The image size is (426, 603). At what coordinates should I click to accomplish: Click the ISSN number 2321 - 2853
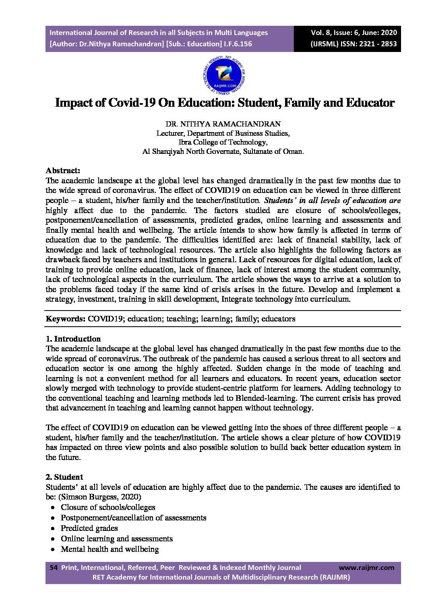coord(375,44)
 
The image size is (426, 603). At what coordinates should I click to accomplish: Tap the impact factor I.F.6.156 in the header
coord(238,44)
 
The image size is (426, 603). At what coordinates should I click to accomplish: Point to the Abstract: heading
coord(63,170)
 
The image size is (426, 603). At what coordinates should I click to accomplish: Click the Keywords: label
coord(65,319)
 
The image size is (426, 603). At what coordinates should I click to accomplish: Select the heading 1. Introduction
coord(73,339)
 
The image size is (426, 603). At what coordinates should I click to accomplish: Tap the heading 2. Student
coord(64,477)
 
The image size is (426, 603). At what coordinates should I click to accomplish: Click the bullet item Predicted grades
coord(89,528)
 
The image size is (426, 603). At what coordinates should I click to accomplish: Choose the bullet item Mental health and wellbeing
coord(110,549)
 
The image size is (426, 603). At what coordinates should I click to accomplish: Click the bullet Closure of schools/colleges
coord(108,507)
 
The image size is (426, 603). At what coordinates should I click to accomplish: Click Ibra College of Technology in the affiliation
coord(223,142)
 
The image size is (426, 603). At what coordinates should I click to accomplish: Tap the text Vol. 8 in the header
coord(321,33)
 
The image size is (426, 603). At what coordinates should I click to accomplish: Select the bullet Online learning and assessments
coord(116,539)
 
